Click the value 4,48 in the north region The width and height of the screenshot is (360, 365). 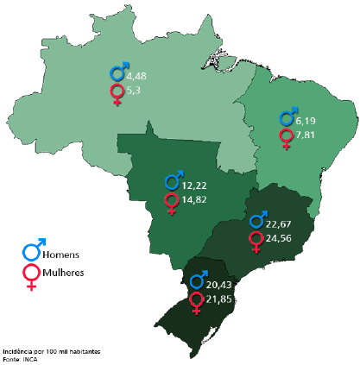pos(136,76)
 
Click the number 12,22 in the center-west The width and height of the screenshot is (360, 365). pos(194,186)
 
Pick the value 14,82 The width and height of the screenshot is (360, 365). pos(194,200)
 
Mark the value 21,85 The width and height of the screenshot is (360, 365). pos(220,299)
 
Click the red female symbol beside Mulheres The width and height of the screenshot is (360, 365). pos(32,276)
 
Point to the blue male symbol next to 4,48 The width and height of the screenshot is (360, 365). pos(118,72)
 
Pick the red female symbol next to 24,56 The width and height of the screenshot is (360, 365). pos(256,241)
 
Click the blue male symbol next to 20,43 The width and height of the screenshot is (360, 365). pos(198,280)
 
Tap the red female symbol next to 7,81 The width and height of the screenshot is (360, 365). pos(287,138)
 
